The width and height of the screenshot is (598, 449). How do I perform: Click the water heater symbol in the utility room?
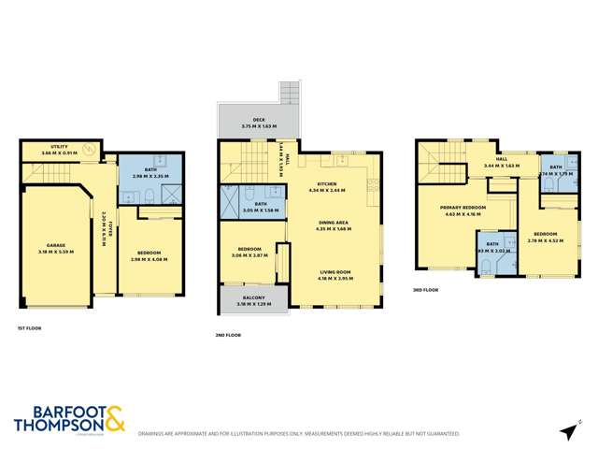click(89, 150)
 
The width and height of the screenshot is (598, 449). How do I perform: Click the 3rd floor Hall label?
click(501, 160)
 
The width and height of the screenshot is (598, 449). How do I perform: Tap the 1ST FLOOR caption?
click(29, 327)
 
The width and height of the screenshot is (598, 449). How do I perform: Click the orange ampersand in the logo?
click(113, 418)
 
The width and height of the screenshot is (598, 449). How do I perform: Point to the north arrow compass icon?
click(566, 431)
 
